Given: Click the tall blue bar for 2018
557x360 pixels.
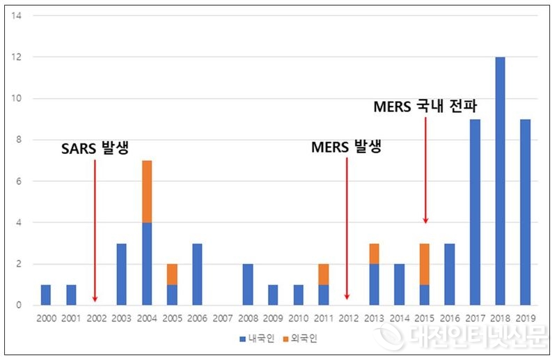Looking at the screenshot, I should pos(500,181).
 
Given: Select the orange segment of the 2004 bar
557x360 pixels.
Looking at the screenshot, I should pos(147,191).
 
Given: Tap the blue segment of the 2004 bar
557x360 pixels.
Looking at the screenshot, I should pos(147,264).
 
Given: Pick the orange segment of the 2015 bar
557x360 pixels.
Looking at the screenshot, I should pos(425,265).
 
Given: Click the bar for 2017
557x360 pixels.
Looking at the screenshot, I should pos(475,212).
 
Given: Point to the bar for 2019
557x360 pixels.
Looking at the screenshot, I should pos(526,212).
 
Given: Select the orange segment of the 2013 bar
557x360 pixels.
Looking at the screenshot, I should pos(374,254).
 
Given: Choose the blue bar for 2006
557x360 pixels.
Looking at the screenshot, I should pos(198,274).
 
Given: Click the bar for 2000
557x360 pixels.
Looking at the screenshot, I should pos(46,295).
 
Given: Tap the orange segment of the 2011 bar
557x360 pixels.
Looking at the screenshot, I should pos(324,274).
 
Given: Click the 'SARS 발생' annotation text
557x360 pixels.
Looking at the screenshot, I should pos(96,148).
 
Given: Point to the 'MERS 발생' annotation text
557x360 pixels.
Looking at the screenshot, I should pos(347,148).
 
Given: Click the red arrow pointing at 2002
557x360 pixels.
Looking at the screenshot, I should pos(95,230).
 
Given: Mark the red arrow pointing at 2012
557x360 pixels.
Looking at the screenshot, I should pos(347,230).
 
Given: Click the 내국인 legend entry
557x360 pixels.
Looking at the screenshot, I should pos(249,339).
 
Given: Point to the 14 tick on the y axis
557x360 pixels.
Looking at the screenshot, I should pos(18,15).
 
